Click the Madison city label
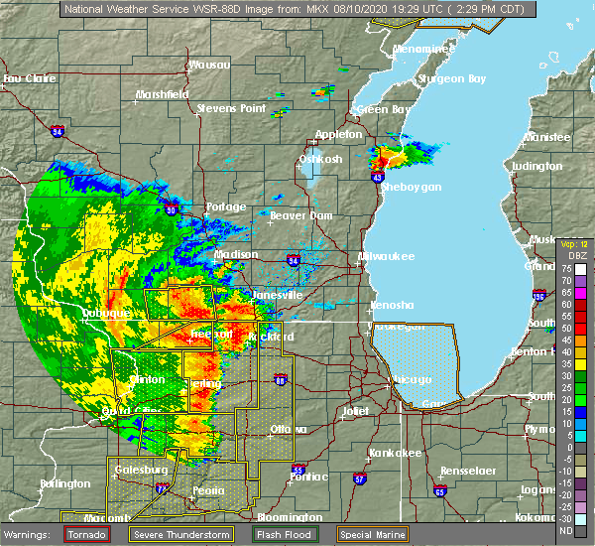236,254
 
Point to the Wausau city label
209,66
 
